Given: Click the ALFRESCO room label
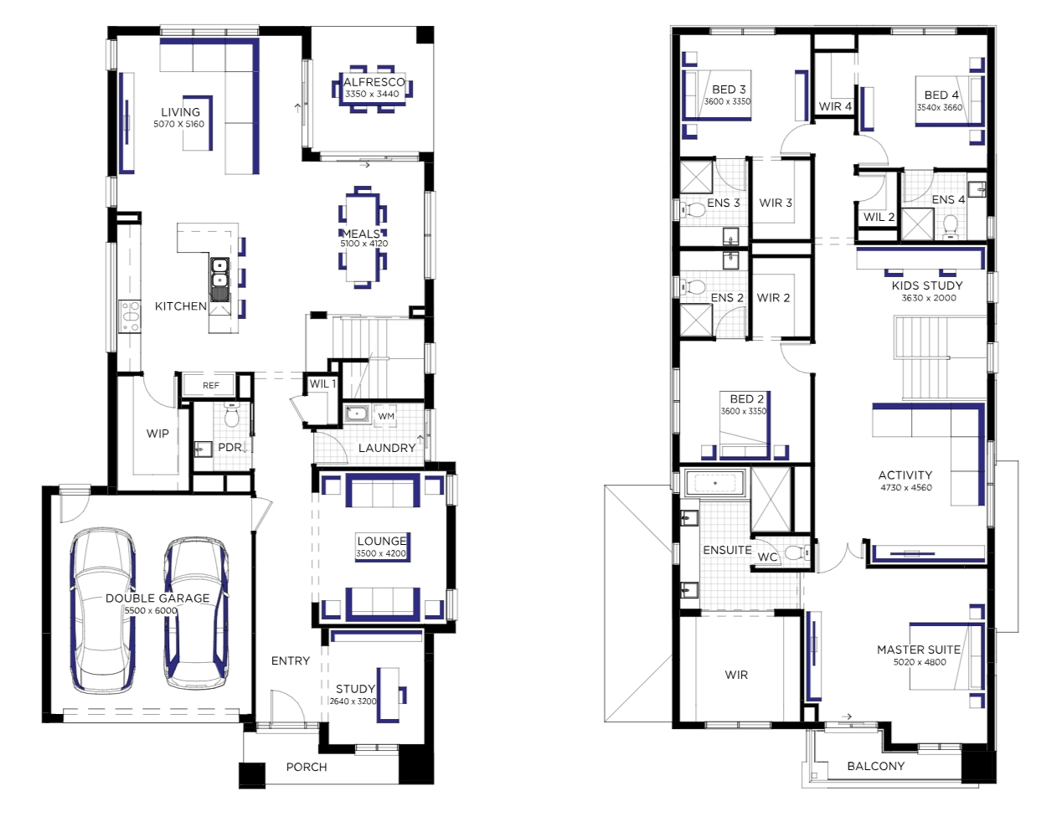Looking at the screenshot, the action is click(374, 82).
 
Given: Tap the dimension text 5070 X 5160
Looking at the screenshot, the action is click(179, 124).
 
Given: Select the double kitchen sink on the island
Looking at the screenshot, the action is click(219, 273).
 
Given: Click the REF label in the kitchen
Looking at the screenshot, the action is click(211, 385).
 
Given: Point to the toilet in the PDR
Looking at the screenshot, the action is click(232, 415).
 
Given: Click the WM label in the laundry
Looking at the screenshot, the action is click(386, 416).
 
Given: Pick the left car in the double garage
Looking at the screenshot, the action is click(102, 611).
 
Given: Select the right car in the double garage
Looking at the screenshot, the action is click(196, 612).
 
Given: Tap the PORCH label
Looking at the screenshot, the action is click(307, 767).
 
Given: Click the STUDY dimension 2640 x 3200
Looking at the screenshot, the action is click(353, 701).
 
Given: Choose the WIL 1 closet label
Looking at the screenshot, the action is click(322, 384).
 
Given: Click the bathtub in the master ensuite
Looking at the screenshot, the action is click(715, 482).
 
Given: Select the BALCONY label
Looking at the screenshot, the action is click(875, 766).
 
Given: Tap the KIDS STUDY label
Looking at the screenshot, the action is click(927, 285).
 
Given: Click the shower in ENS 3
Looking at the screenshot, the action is click(696, 177).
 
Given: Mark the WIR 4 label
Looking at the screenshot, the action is click(835, 106).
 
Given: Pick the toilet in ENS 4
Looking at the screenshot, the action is click(950, 226).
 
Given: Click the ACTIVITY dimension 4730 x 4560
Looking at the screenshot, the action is click(906, 487).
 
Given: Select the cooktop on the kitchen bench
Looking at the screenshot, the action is click(130, 316).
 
